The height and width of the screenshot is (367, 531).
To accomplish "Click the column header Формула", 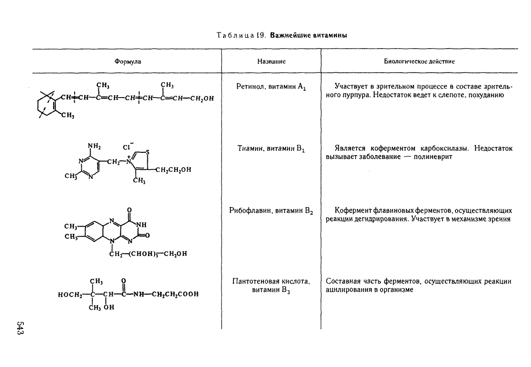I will tap(127, 61).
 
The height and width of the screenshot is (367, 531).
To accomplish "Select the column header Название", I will tap(271, 61).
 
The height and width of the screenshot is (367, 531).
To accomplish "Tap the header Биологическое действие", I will tap(419, 61).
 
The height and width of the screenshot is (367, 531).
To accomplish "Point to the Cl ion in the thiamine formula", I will tap(127, 147).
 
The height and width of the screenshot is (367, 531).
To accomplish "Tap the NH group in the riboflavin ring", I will tap(142, 225).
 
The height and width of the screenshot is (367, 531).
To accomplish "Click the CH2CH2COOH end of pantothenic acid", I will tap(175, 294).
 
